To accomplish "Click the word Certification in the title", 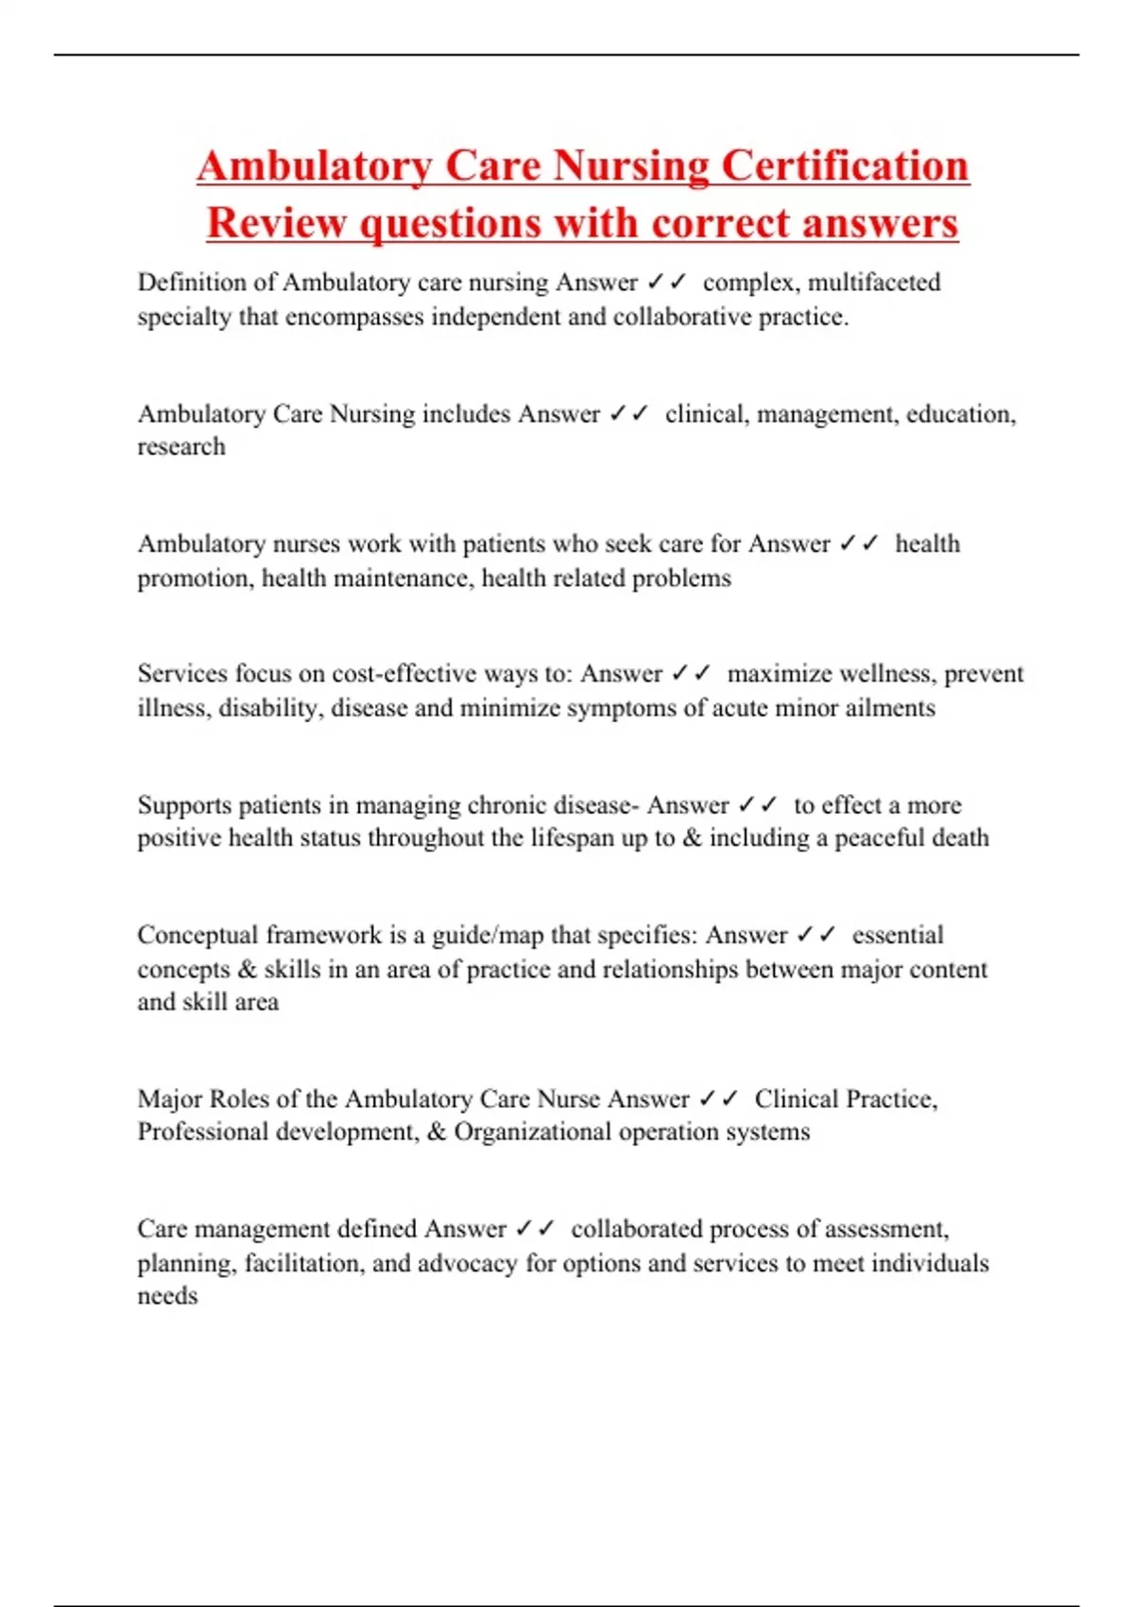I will (x=845, y=166).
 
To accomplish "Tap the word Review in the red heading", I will (x=277, y=224).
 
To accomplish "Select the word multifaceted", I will (x=874, y=283).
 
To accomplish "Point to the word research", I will (x=181, y=447).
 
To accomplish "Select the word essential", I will (x=897, y=936).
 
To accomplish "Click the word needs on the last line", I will (x=167, y=1297).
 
